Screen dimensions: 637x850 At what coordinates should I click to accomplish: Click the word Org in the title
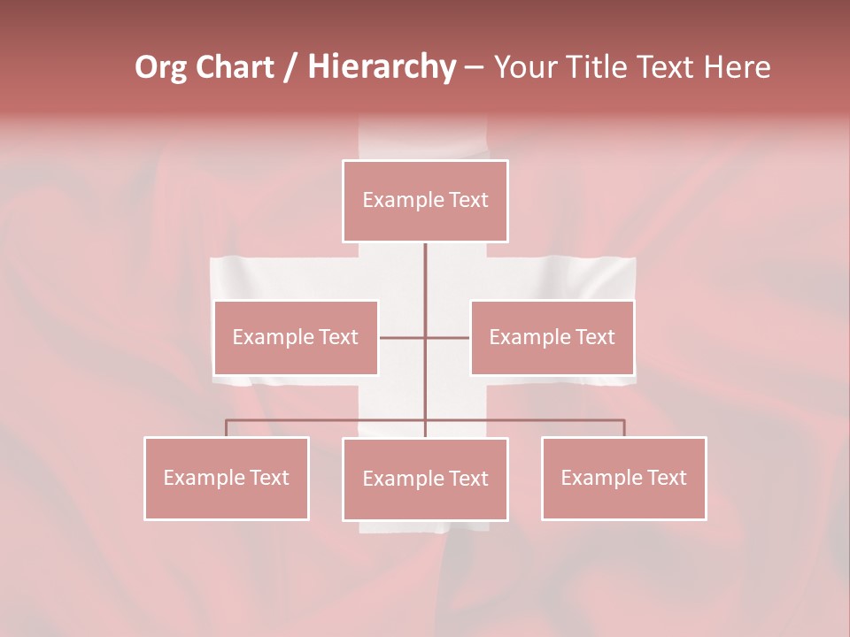click(x=160, y=67)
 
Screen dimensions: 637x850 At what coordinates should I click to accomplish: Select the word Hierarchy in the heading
click(x=381, y=67)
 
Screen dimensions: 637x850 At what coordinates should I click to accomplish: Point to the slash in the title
click(x=290, y=67)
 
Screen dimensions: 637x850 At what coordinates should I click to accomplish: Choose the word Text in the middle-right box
click(x=594, y=337)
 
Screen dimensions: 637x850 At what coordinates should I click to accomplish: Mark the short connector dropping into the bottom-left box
click(x=226, y=428)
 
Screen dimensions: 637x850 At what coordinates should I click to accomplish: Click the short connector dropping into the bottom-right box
click(x=624, y=428)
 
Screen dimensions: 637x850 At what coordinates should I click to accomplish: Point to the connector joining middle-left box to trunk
click(x=402, y=338)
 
